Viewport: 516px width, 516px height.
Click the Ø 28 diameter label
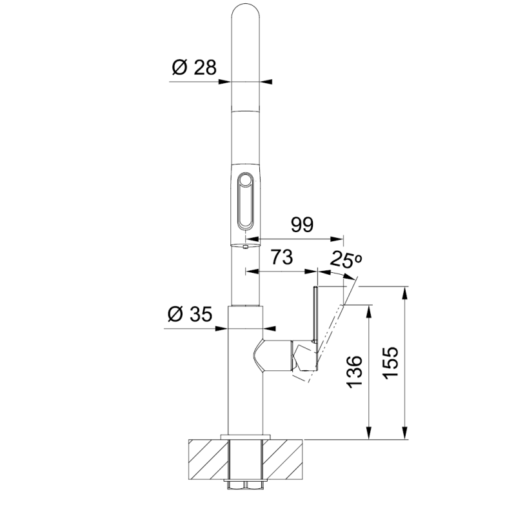click(193, 67)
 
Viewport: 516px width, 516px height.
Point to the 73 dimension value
click(281, 257)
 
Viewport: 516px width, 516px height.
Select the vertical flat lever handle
click(315, 329)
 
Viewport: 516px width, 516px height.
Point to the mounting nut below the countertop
click(246, 484)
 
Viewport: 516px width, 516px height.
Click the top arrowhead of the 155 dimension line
click(405, 291)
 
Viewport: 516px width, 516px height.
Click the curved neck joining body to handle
click(262, 355)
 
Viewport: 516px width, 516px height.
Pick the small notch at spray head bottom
click(246, 245)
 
